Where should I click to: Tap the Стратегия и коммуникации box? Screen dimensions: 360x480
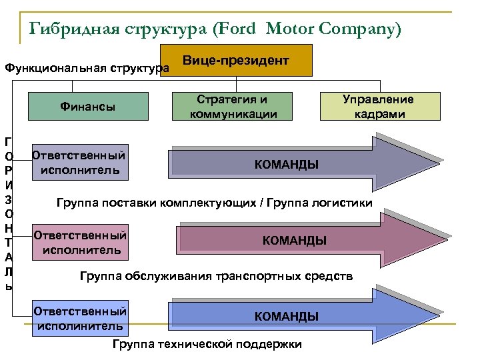(232, 106)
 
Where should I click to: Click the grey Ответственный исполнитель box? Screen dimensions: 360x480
(80, 163)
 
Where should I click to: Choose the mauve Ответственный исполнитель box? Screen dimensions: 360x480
(80, 243)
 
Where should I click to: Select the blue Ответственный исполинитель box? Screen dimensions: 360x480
(80, 319)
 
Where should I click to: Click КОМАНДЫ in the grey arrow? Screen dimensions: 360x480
(286, 165)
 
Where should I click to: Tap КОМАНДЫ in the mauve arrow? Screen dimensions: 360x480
(294, 241)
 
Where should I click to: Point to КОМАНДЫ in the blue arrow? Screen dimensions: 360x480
(286, 316)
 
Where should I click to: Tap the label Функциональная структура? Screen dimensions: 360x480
(85, 68)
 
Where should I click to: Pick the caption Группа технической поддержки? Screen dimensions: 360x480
(207, 344)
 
